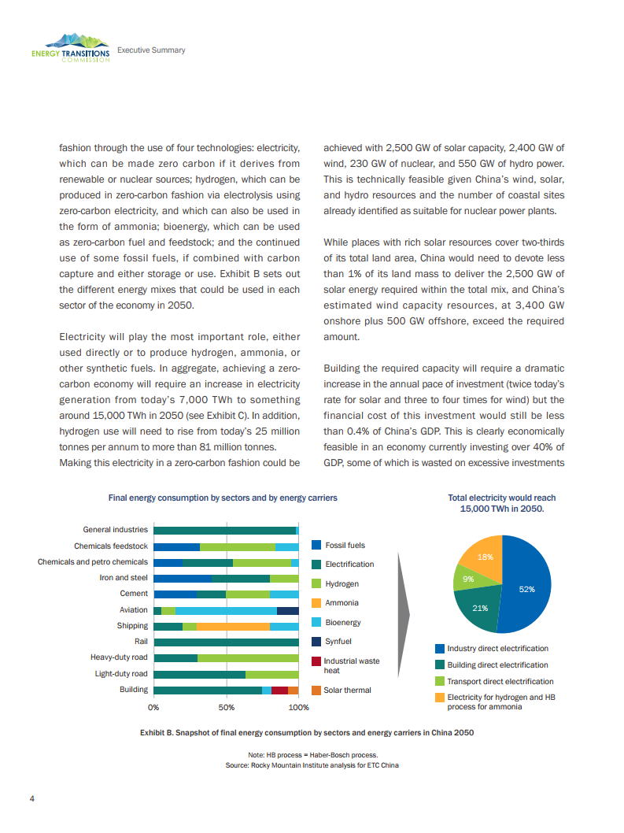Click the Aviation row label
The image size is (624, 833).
[133, 610]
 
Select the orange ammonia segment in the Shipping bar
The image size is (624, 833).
[233, 626]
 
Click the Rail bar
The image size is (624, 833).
[226, 642]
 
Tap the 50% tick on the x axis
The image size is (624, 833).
[226, 708]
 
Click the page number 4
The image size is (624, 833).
[31, 799]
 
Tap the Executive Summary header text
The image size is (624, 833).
[151, 50]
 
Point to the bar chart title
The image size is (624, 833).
[223, 498]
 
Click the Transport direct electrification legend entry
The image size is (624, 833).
[500, 681]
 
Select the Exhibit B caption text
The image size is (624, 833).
[307, 732]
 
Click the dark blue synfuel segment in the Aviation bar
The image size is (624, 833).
[288, 610]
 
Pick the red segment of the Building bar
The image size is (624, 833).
[279, 690]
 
